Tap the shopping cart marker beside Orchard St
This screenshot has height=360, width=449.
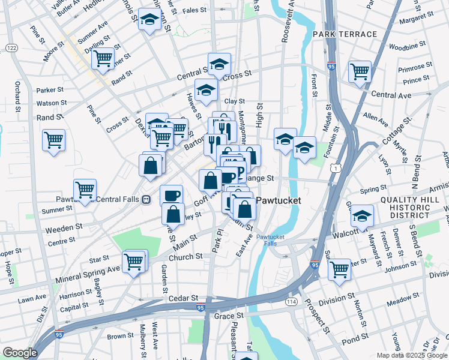pos(54,141)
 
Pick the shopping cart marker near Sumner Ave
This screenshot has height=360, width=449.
pos(103,58)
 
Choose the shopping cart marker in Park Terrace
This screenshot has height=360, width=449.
pos(360,71)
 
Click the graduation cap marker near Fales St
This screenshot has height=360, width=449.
pos(149,20)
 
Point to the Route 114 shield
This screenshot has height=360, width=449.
pos(292,301)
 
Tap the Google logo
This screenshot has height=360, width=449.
pos(20,353)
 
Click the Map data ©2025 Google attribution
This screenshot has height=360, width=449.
pos(411,355)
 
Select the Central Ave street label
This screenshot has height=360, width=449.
pos(391,95)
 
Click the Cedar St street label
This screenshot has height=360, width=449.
pos(182,298)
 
